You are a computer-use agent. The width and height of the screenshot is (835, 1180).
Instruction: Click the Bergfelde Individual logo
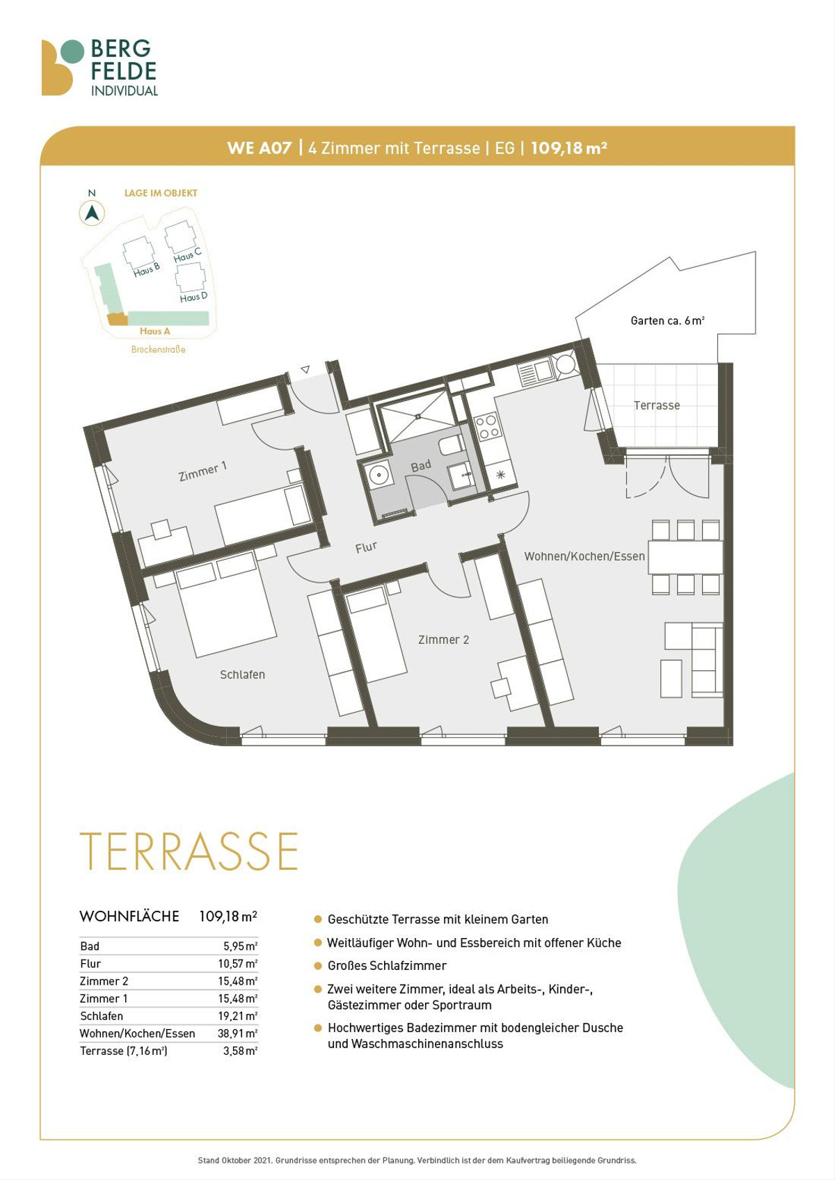point(100,68)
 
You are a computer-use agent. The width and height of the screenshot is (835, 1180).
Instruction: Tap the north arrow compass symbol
point(92,213)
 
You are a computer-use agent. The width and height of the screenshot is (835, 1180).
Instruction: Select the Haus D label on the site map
point(193,298)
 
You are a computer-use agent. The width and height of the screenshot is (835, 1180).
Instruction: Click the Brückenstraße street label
point(158,349)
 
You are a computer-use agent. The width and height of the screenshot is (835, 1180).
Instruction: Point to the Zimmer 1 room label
point(203,471)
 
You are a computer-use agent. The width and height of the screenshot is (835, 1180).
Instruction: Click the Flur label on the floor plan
point(366,548)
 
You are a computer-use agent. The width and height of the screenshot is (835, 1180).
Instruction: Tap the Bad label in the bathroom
point(421,466)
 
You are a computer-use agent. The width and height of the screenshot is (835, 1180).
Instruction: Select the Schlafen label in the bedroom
point(242,674)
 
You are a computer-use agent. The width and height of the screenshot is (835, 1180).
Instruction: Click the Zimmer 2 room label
point(443,640)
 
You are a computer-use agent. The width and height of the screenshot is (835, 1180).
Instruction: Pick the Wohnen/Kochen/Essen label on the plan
point(584,556)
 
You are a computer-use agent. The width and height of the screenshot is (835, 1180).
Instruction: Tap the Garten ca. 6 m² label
point(668,321)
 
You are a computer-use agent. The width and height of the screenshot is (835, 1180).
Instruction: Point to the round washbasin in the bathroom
point(379,475)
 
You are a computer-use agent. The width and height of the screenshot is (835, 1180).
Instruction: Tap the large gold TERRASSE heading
point(189,851)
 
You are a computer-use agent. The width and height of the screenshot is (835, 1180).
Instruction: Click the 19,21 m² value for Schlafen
point(238,1016)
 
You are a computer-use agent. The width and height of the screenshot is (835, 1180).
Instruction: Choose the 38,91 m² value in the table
point(238,1033)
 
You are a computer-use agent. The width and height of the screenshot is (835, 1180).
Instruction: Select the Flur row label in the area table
point(90,964)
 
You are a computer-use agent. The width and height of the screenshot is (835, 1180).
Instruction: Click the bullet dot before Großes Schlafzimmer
point(318,966)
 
